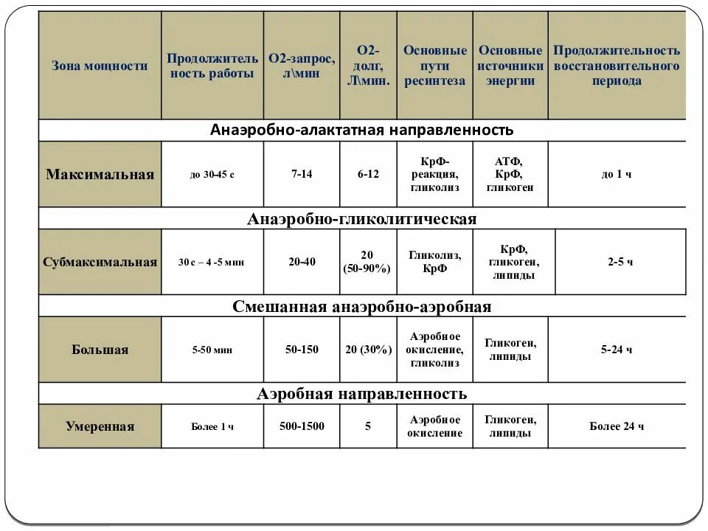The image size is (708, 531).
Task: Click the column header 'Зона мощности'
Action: pyautogui.click(x=100, y=66)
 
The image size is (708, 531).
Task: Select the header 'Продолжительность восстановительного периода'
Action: pyautogui.click(x=617, y=66)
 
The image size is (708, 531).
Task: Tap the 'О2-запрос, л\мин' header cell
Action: pyautogui.click(x=302, y=66)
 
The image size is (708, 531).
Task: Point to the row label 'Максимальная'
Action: pyautogui.click(x=100, y=175)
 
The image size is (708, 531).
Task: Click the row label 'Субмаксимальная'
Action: pyautogui.click(x=100, y=263)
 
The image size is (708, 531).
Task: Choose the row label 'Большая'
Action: pyautogui.click(x=100, y=350)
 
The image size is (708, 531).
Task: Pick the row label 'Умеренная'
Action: pyautogui.click(x=100, y=426)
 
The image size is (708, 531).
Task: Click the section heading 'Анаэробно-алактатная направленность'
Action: pyautogui.click(x=361, y=131)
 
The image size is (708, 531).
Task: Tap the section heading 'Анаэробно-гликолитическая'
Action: pyautogui.click(x=361, y=219)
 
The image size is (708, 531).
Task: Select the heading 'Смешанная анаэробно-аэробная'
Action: pyautogui.click(x=361, y=306)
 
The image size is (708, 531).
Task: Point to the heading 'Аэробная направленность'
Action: pyautogui.click(x=361, y=394)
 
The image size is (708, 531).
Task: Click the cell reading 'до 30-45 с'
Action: pyautogui.click(x=212, y=175)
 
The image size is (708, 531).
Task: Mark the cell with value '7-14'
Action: pyautogui.click(x=302, y=174)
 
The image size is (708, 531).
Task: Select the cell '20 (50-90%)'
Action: pyautogui.click(x=368, y=262)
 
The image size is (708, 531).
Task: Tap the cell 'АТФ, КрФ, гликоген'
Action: pyautogui.click(x=510, y=174)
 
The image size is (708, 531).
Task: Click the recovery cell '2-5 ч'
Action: pyautogui.click(x=620, y=262)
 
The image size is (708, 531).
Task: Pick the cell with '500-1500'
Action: pyautogui.click(x=302, y=426)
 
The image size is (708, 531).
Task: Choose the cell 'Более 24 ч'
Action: pyautogui.click(x=617, y=426)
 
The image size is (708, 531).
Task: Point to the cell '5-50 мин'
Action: pyautogui.click(x=212, y=350)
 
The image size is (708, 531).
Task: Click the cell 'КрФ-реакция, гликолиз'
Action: pyautogui.click(x=434, y=174)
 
